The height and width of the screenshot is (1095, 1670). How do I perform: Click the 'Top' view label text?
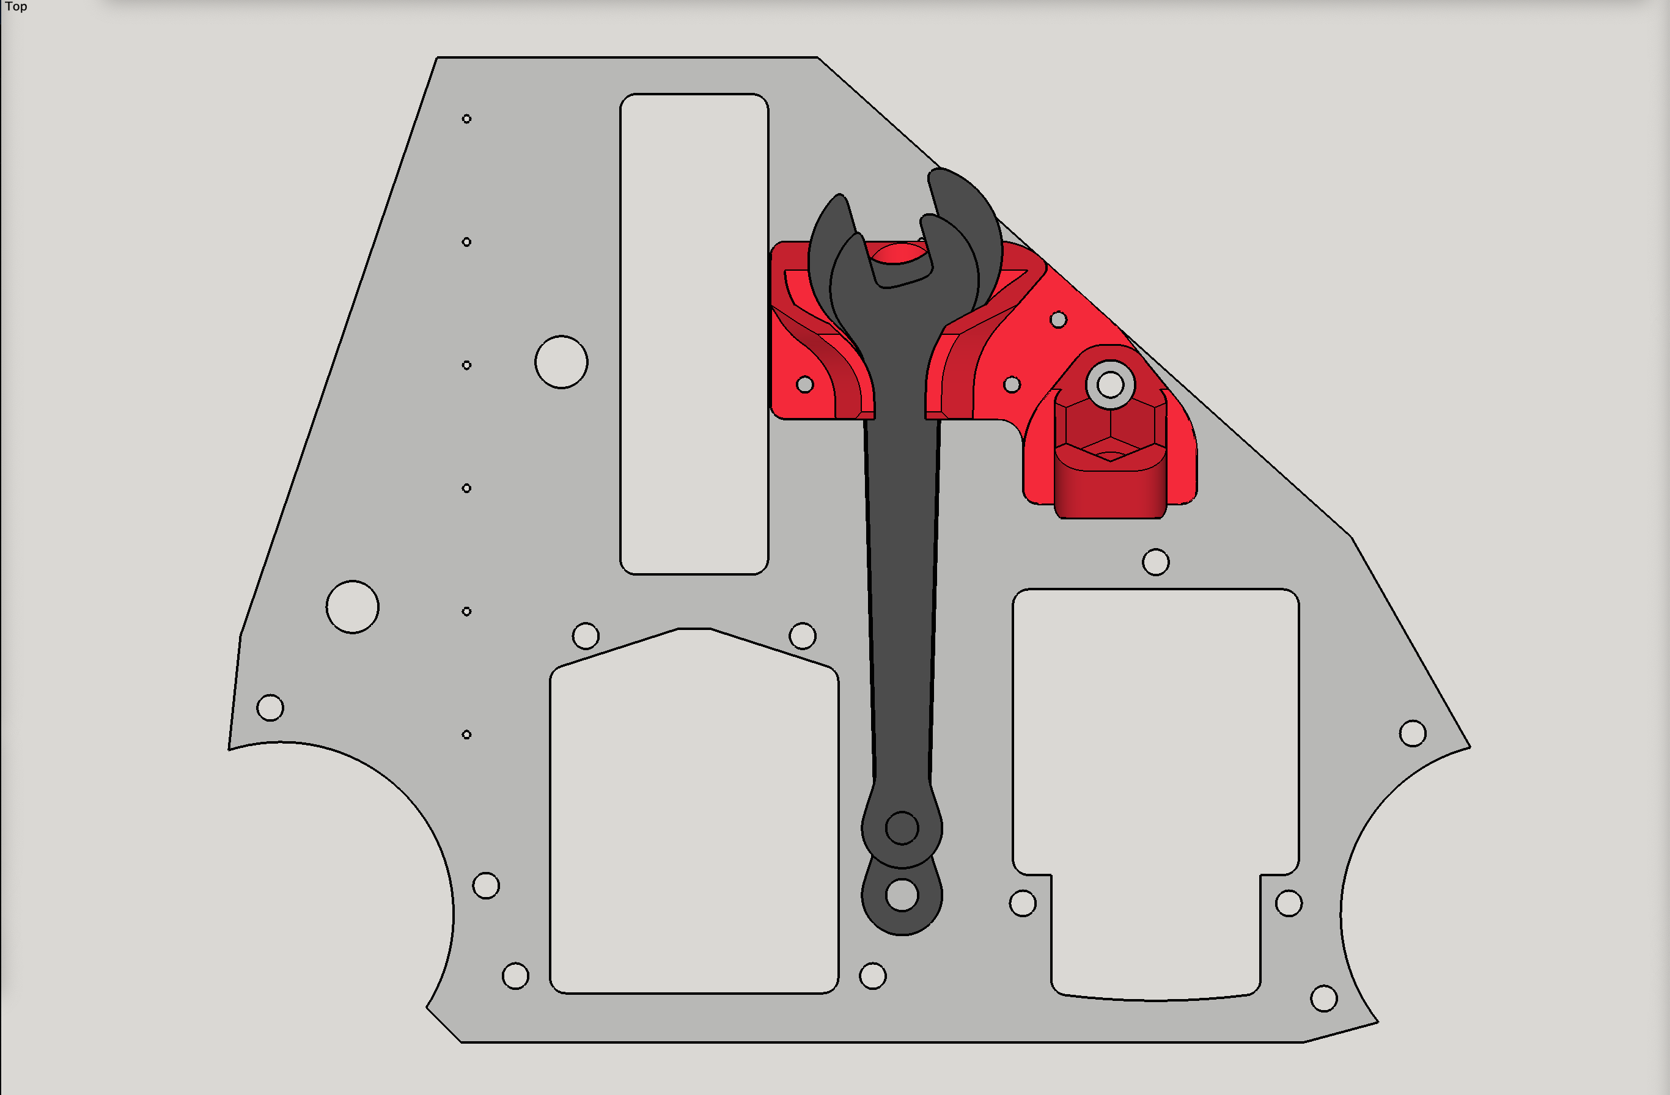[x=15, y=7]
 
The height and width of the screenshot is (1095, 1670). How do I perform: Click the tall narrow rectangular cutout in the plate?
[x=693, y=333]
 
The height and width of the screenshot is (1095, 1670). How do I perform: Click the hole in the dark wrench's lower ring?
[x=902, y=829]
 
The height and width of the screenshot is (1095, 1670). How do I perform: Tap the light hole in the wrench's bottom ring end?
[x=902, y=895]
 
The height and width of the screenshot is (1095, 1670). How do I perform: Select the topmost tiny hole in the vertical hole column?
[x=466, y=119]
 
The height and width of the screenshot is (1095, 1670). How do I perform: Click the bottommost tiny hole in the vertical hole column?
[x=466, y=734]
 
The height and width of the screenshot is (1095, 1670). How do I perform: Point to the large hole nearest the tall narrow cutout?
[x=561, y=362]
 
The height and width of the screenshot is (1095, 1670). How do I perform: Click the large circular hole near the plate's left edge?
[x=352, y=607]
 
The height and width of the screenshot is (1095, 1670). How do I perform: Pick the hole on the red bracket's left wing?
[x=805, y=384]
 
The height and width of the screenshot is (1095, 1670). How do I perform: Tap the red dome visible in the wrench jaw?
[x=898, y=253]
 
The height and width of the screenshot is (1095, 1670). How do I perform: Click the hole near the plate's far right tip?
[x=1412, y=734]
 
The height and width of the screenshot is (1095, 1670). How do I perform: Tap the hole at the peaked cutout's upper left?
[x=585, y=636]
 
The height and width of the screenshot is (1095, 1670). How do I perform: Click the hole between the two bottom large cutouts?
[x=872, y=976]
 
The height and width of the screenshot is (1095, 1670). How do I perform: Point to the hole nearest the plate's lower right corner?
[x=1323, y=998]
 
